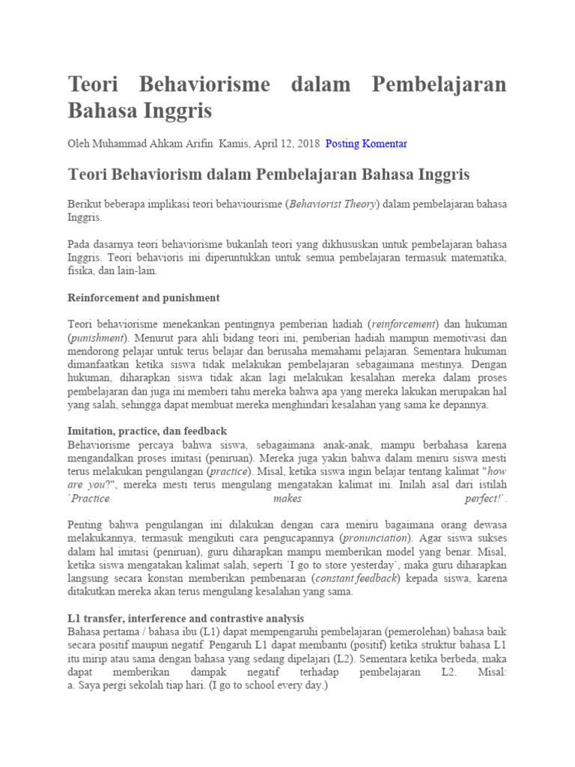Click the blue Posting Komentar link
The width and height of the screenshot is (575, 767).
coord(366,143)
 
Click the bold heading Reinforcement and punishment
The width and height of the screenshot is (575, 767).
coord(144,297)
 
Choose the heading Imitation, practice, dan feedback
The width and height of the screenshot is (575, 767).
coord(147,431)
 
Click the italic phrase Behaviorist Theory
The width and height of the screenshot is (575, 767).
coord(333,204)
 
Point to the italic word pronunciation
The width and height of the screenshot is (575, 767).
coord(375,539)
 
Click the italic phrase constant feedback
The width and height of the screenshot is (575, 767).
coord(356,579)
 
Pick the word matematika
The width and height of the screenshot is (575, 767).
coord(473,258)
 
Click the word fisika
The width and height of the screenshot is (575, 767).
coord(82,271)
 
